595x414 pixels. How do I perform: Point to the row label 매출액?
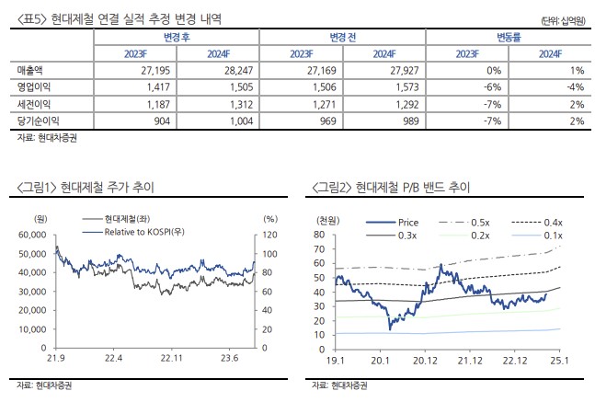click(x=31, y=71)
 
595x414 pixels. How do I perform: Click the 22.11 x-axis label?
click(x=173, y=358)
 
